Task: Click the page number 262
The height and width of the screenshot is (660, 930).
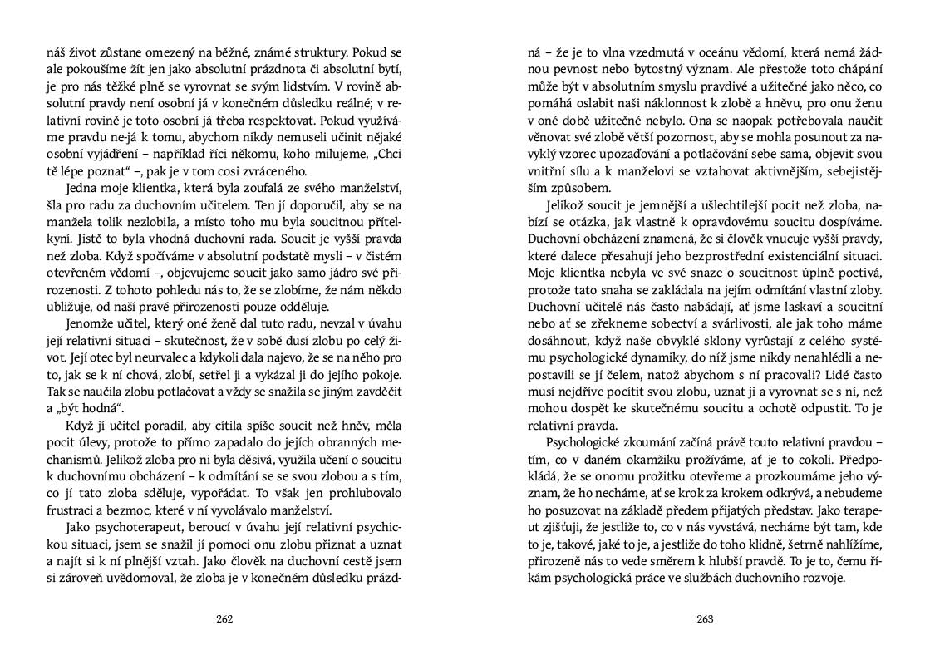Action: (224, 618)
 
